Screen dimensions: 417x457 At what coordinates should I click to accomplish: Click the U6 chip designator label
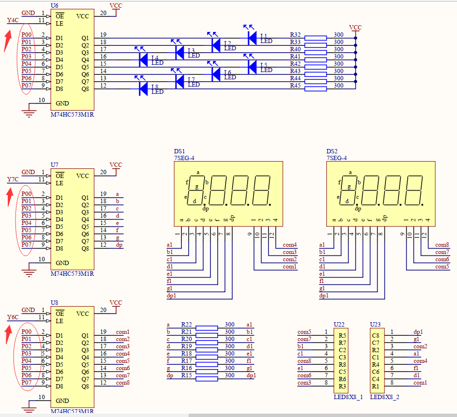[54, 5]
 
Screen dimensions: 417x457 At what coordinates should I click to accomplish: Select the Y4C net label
[13, 20]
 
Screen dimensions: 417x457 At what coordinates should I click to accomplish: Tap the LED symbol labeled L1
[252, 37]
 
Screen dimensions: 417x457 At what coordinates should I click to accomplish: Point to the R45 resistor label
[295, 86]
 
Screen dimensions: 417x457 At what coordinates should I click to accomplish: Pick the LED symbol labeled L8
[143, 89]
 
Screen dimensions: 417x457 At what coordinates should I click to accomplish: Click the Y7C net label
[13, 180]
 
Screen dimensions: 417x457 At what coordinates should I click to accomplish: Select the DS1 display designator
[179, 151]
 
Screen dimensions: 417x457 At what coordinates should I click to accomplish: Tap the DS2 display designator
[332, 151]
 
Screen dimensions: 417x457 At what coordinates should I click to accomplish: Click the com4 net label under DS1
[290, 245]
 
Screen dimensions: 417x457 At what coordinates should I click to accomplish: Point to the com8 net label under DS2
[442, 245]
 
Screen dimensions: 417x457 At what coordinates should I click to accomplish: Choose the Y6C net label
[13, 317]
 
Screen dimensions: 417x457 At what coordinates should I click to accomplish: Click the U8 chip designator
[54, 303]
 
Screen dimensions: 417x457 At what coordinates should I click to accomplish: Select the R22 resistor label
[187, 325]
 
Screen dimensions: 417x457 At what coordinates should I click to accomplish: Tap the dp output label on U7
[119, 245]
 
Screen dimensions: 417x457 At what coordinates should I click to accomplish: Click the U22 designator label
[339, 324]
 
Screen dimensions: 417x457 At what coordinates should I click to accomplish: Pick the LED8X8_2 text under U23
[384, 397]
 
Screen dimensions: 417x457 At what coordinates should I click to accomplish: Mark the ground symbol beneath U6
[30, 114]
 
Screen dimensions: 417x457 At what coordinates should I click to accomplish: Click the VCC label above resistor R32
[355, 28]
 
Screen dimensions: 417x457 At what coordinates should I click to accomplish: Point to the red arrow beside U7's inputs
[8, 197]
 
